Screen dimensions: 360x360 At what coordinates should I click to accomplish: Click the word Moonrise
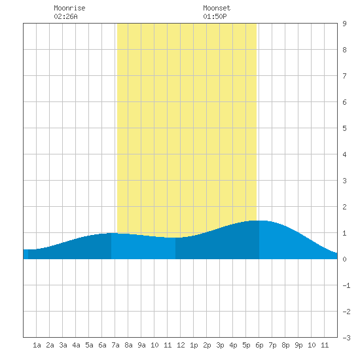(69, 8)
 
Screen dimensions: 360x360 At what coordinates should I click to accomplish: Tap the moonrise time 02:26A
(65, 16)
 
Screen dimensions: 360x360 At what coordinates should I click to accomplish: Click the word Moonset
(217, 8)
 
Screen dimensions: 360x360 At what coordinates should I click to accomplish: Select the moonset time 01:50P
(215, 16)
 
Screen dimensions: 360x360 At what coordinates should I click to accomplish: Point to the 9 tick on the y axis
(344, 24)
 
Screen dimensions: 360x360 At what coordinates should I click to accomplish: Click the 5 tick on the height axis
(344, 128)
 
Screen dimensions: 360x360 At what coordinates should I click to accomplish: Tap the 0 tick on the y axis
(344, 259)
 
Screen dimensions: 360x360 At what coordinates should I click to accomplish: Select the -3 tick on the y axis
(346, 338)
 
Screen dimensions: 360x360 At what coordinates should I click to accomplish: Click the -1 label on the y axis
(346, 285)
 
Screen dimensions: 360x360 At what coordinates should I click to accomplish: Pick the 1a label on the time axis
(37, 345)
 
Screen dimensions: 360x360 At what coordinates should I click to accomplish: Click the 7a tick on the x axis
(115, 345)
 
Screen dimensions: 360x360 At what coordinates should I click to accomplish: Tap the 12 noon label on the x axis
(181, 345)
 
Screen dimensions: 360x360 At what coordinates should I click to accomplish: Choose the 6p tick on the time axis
(259, 345)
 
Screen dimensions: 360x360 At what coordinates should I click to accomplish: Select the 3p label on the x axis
(220, 345)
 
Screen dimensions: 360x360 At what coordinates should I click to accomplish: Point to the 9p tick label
(298, 345)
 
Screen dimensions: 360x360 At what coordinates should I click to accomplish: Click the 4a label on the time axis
(76, 345)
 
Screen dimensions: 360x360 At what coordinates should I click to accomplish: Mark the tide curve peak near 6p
(259, 221)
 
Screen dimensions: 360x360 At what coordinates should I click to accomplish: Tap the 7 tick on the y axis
(344, 76)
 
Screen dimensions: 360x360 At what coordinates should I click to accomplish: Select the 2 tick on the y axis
(344, 207)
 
